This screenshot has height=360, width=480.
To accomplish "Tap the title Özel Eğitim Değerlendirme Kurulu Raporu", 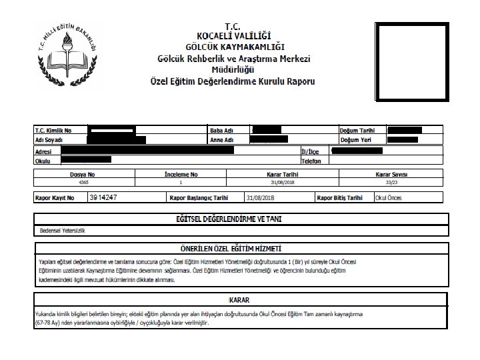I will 234,81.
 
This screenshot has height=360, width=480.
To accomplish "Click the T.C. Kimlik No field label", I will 52,130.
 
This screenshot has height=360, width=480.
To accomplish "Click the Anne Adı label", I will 223,140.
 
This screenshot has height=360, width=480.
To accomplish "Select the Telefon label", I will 311,161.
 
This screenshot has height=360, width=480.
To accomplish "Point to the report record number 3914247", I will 103,198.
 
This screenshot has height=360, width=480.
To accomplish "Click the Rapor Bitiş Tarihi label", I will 339,198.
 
